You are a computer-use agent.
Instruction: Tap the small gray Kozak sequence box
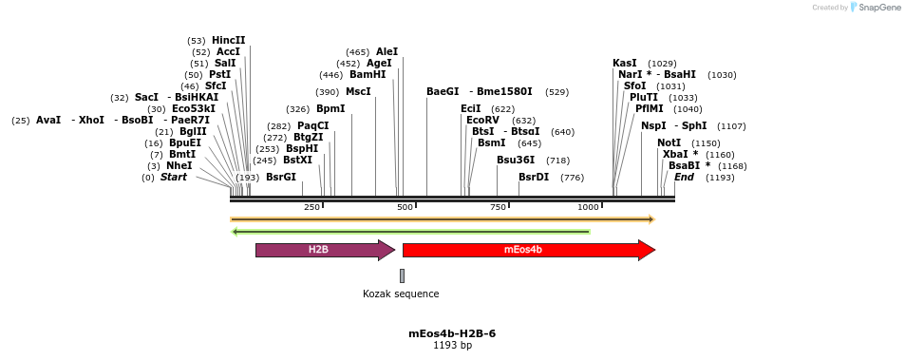[x=402, y=275]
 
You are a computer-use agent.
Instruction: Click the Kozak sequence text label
[x=401, y=294]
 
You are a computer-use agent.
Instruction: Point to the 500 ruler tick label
[x=405, y=207]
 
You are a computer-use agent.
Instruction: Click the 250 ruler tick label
[x=311, y=207]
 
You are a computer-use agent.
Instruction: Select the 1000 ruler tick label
[x=588, y=207]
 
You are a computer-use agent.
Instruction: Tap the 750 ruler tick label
[x=499, y=207]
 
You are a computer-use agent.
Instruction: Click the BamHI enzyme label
[x=368, y=75]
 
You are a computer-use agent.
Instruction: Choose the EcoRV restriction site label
[x=482, y=121]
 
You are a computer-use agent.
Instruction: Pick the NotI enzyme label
[x=669, y=143]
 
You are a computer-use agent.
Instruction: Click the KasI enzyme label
[x=625, y=64]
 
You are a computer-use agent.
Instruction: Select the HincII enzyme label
[x=228, y=41]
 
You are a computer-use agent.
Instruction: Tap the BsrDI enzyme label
[x=534, y=178]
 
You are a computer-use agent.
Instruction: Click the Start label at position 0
[x=173, y=178]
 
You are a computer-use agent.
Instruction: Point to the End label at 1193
[x=684, y=178]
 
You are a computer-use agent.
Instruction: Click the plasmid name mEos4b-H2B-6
[x=452, y=333]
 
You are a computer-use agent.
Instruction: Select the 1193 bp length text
[x=452, y=346]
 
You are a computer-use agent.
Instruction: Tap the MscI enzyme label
[x=358, y=92]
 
